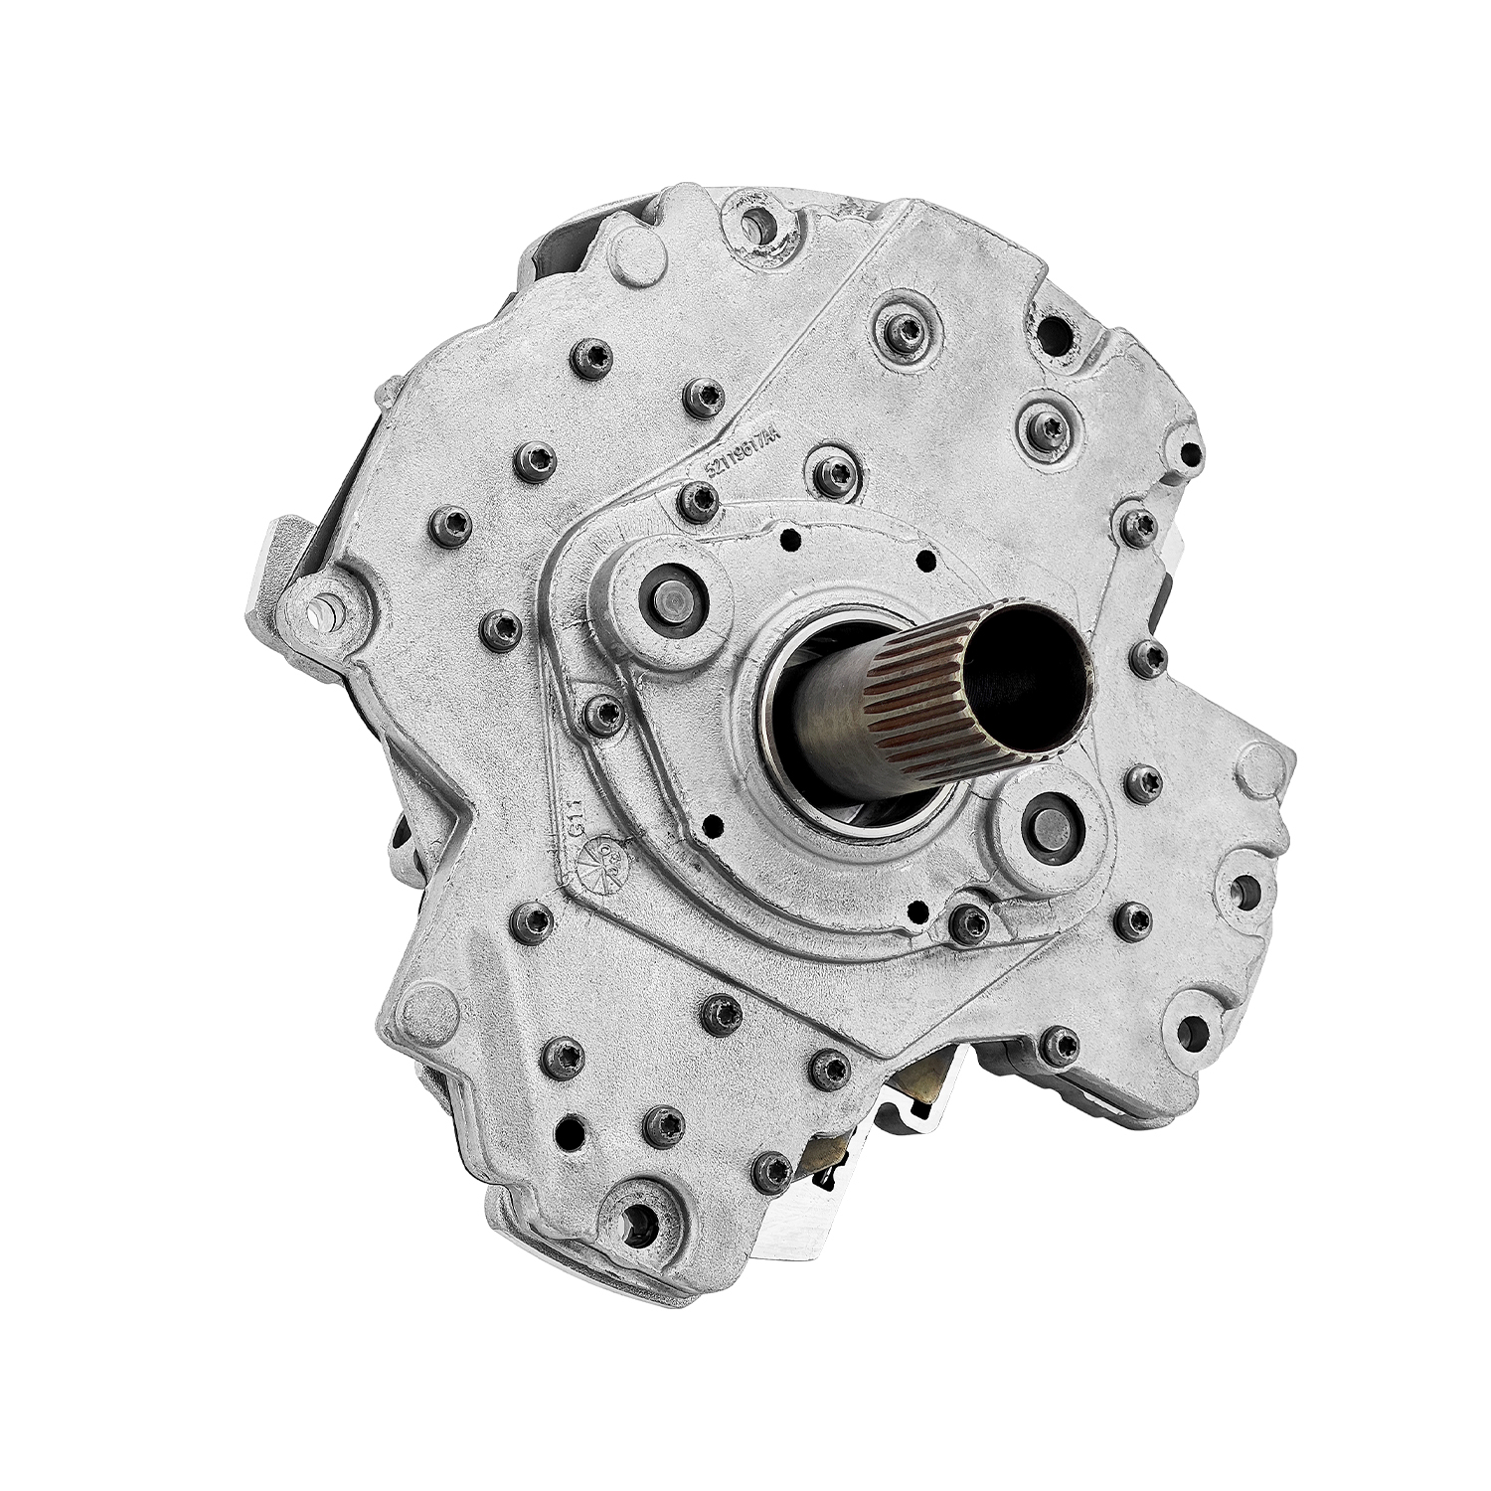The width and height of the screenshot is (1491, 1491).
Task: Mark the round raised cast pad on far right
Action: tap(1255, 766)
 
